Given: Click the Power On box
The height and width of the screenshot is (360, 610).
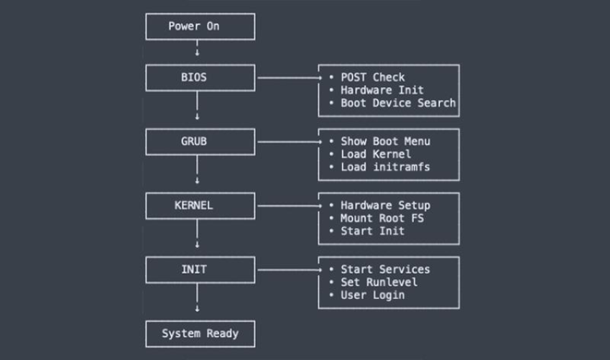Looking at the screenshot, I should coord(200,27).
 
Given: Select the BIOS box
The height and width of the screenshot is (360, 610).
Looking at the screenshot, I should coord(200,78).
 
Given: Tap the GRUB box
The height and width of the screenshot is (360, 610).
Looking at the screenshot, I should coord(200,142).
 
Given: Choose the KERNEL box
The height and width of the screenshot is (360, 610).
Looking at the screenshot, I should coord(200,206).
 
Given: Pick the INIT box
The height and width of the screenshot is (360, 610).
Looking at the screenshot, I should coord(200,269).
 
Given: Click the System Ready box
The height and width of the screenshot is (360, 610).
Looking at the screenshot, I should coord(200,333).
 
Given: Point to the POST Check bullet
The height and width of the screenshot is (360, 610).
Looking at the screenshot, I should coord(372,78).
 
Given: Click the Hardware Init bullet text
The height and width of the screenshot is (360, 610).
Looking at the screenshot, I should coord(382,91).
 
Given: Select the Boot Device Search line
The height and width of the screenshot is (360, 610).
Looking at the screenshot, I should coord(397,103).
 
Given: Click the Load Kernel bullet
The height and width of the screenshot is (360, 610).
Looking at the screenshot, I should coord(375,154).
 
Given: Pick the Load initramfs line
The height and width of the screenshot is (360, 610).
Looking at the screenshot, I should coord(384,167).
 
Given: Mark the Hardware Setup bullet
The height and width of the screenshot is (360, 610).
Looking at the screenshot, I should coord(384,206).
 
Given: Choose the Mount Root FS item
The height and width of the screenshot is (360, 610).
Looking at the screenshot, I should coord(382,218).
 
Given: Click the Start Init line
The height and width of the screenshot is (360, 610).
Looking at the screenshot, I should coord(372,231).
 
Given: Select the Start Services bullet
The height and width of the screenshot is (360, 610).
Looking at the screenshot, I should coord(384,269).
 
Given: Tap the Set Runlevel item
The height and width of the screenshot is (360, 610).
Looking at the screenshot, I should coord(378,282).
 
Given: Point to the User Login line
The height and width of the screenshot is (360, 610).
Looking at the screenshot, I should coord(372,295).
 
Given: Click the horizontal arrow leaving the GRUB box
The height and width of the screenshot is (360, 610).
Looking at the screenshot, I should coord(287,142).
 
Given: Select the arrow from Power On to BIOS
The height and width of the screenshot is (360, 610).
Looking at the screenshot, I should coord(198,50).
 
